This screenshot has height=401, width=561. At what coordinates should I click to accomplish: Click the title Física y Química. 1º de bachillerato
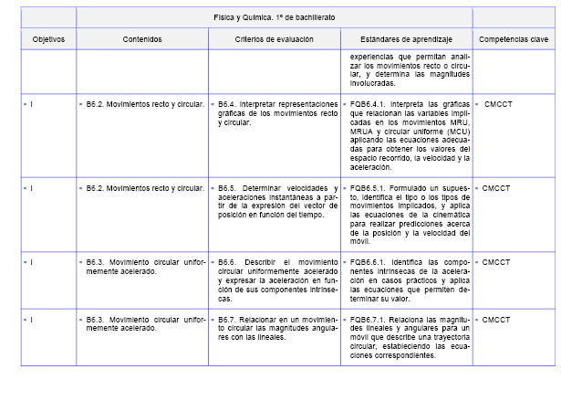(x=275, y=18)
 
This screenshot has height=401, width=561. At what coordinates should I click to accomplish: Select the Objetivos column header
(x=48, y=40)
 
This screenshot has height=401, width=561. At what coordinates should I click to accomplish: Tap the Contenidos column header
(x=142, y=40)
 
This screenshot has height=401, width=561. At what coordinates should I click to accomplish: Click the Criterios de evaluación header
(x=274, y=40)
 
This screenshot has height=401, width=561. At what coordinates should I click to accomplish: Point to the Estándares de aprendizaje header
(x=407, y=40)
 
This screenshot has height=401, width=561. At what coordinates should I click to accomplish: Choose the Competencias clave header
(x=514, y=40)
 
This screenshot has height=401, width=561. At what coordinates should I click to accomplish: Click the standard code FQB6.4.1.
(x=370, y=106)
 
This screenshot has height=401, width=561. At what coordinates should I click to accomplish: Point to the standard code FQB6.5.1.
(x=370, y=188)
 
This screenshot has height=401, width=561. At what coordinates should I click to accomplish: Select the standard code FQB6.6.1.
(x=370, y=262)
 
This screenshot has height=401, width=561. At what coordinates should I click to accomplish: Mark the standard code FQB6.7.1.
(x=370, y=320)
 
